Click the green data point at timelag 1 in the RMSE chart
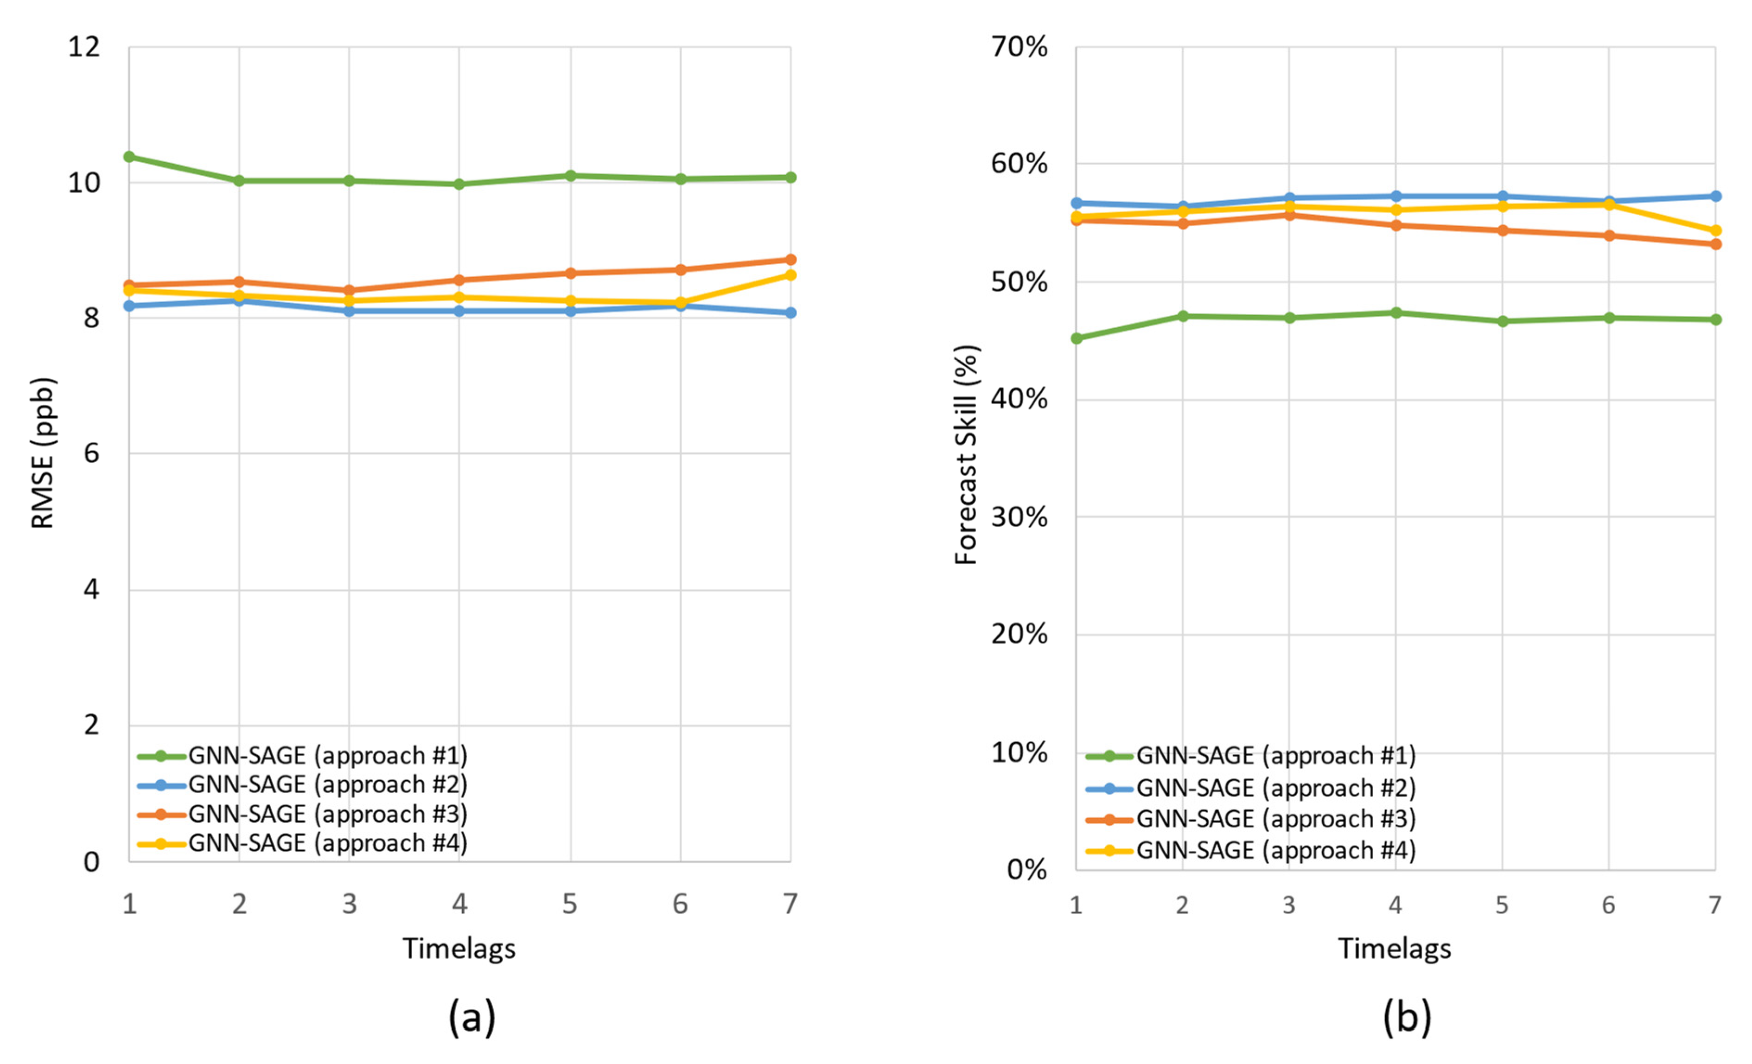[129, 157]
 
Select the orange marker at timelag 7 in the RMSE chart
[790, 260]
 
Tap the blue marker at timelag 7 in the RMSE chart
[790, 313]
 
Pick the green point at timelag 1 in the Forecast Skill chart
[1077, 338]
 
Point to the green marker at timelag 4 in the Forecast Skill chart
[1396, 313]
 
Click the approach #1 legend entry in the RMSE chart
[327, 755]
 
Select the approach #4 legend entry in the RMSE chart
[327, 843]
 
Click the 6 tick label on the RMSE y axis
[91, 453]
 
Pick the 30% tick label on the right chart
[1019, 517]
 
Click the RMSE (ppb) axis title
[43, 453]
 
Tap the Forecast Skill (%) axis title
[966, 455]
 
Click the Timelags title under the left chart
[459, 949]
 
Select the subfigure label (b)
[1407, 1017]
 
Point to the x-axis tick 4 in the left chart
[459, 904]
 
